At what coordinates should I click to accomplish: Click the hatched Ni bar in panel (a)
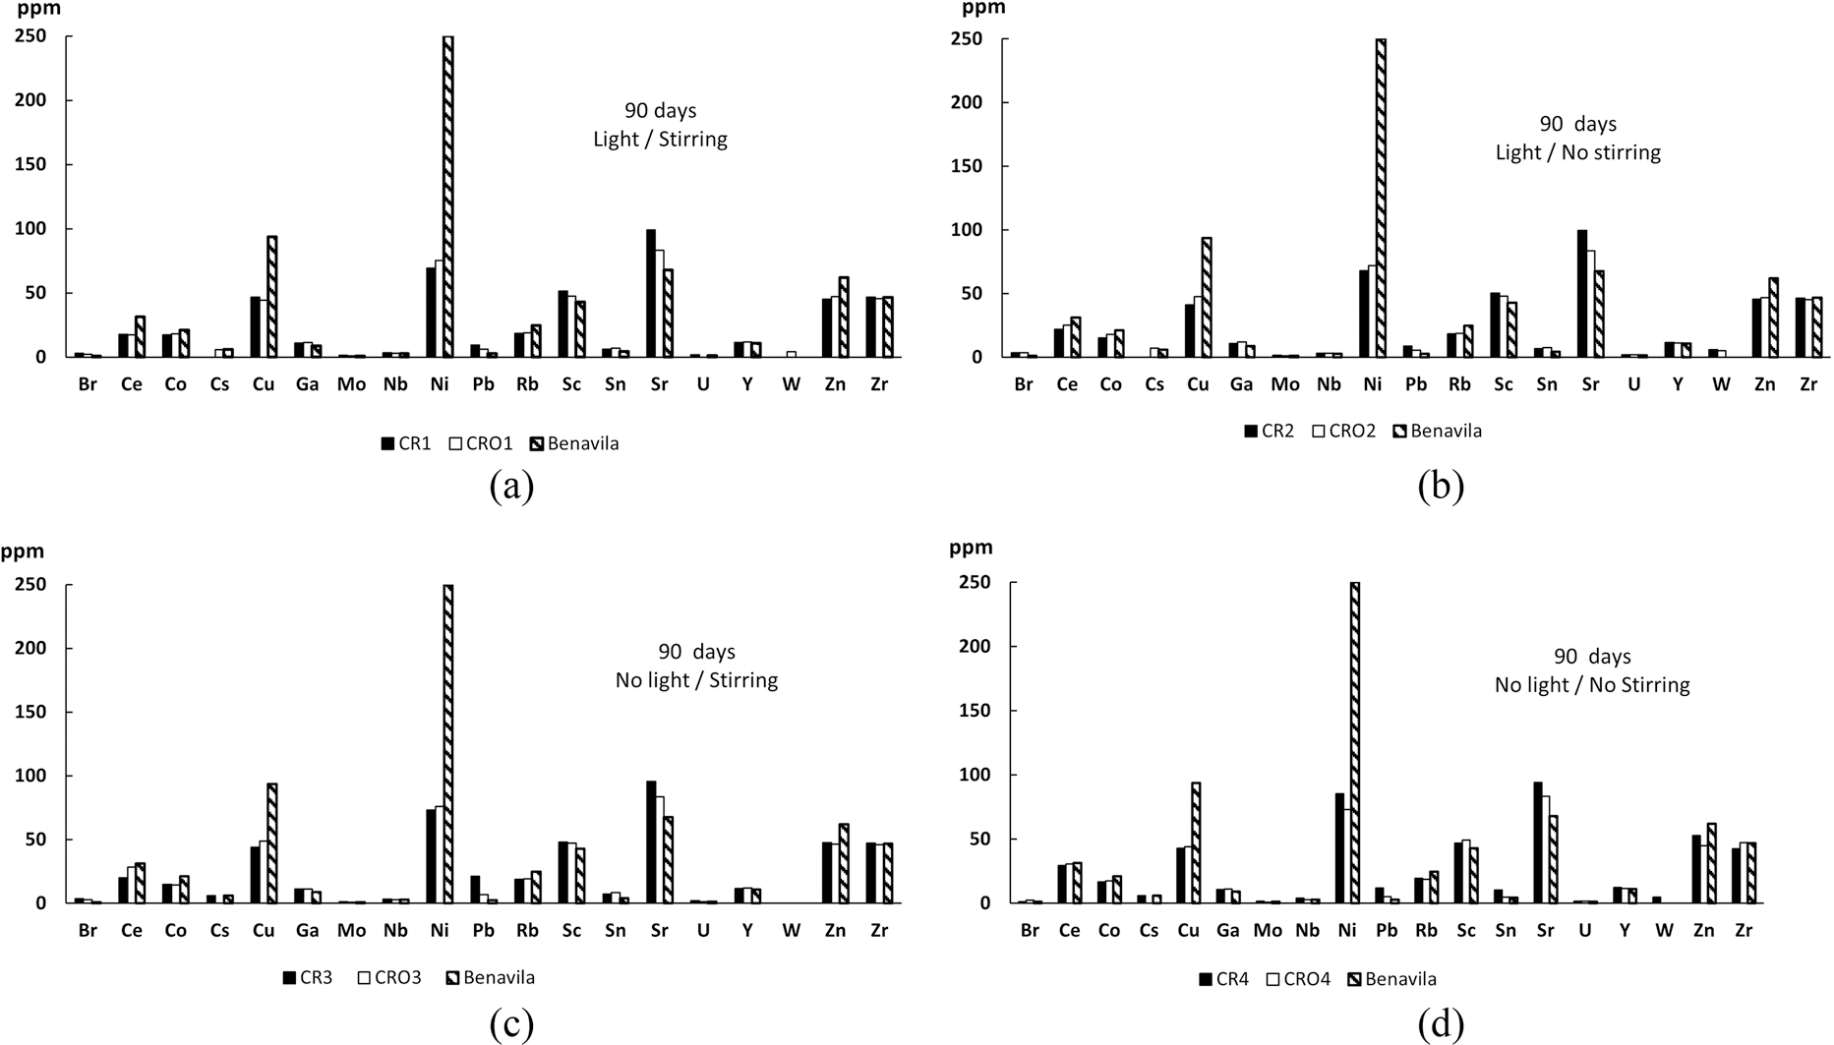point(448,197)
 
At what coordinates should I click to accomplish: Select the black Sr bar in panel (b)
point(1582,294)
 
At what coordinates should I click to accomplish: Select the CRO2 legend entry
point(1343,431)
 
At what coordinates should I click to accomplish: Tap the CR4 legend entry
point(1223,979)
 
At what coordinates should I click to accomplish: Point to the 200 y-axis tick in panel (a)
point(31,100)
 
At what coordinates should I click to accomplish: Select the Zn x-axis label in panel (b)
point(1765,384)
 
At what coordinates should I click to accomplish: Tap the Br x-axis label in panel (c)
point(88,930)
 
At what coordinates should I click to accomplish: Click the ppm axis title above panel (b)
point(983,9)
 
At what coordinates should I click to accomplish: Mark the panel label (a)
point(511,487)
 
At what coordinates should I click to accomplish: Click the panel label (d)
point(1441,1024)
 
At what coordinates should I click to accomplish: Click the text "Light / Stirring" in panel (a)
point(660,140)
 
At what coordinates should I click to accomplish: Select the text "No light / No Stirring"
point(1592,685)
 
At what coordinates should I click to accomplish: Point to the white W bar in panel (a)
point(791,354)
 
